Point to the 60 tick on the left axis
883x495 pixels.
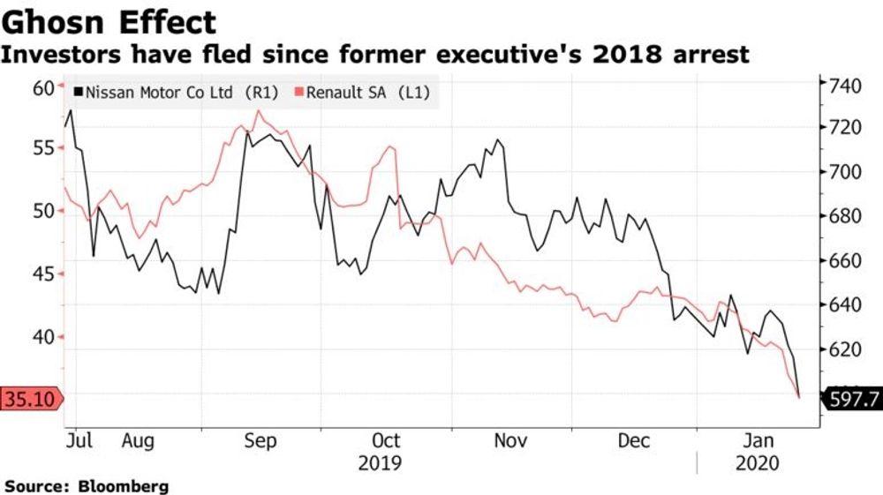(42, 87)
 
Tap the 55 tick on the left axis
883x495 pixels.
(42, 148)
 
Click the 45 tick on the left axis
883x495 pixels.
(42, 274)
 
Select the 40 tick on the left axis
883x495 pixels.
(42, 336)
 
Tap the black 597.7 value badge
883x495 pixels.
(853, 400)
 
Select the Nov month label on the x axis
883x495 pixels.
(510, 440)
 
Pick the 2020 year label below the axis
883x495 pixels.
(757, 462)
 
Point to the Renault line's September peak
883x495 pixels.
(257, 111)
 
